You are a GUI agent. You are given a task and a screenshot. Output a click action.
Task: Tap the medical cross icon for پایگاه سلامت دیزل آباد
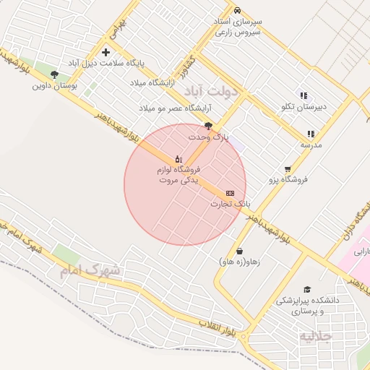pos(106,52)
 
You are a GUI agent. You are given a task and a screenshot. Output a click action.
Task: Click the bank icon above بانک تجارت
pos(230,193)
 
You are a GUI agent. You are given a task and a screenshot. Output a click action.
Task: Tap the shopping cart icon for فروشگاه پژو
pos(288,168)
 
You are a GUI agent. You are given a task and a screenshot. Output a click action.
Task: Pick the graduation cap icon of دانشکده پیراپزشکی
pos(306,289)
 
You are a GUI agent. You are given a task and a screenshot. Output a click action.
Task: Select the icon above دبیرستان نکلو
pos(304,95)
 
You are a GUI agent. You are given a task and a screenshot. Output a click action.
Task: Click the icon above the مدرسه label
pos(311,134)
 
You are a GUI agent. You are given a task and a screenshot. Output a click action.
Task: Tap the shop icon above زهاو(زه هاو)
pos(238,251)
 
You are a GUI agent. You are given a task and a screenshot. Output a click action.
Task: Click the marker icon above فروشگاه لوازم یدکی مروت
pos(178,158)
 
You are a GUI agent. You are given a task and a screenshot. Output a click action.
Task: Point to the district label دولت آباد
pos(211,91)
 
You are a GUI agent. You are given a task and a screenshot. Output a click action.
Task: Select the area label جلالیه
pos(315,336)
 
